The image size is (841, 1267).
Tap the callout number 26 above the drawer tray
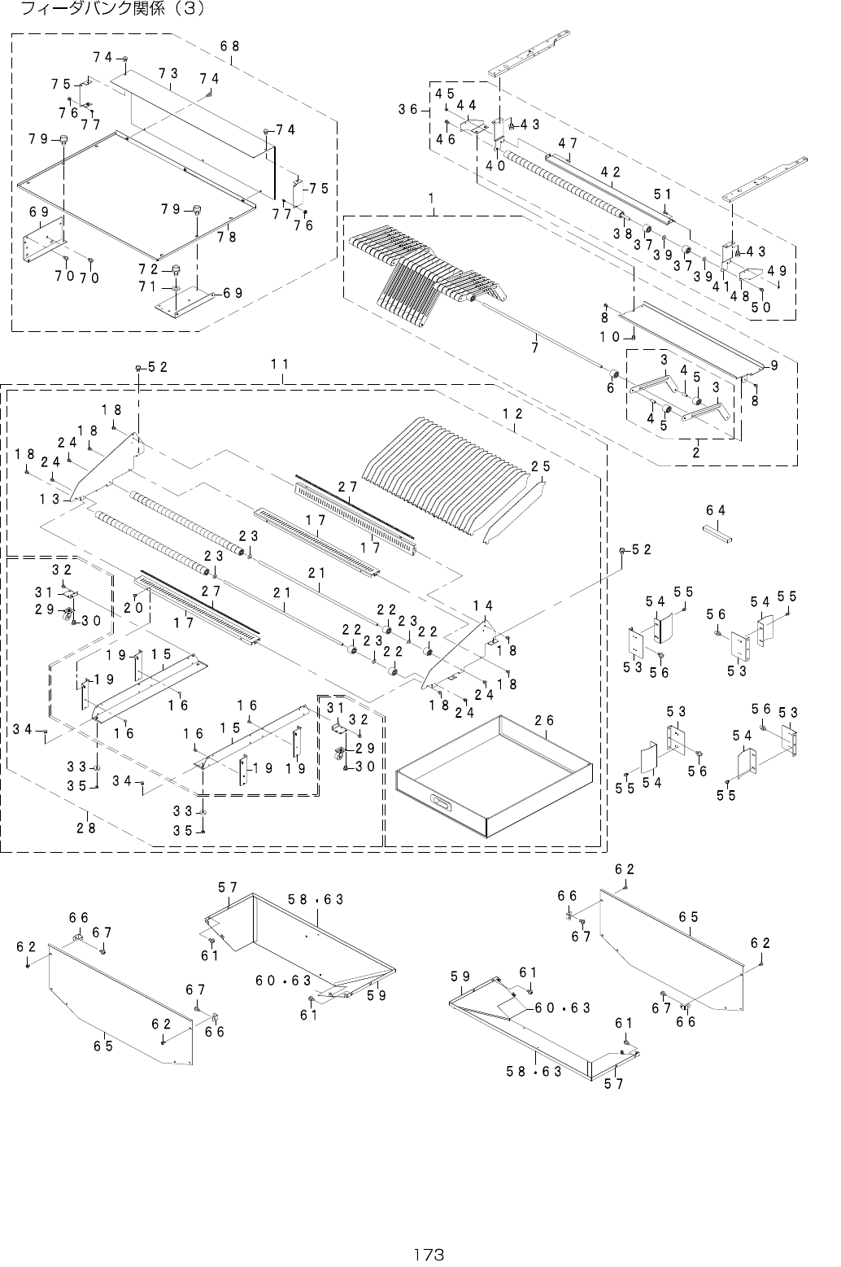point(545,721)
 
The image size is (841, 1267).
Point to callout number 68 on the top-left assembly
point(229,46)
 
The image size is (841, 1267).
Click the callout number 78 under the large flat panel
point(227,237)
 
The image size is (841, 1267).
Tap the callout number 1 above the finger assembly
point(430,199)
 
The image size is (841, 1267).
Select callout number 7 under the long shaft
point(535,347)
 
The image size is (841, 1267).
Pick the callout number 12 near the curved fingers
point(512,413)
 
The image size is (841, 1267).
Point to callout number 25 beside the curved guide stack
point(541,466)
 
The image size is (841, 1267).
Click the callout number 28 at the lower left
point(87,827)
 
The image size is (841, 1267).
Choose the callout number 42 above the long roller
point(611,172)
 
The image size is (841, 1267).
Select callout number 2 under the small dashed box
point(696,453)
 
